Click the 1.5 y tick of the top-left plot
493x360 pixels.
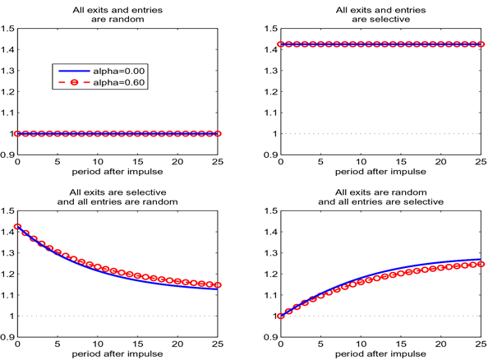[x=7, y=29]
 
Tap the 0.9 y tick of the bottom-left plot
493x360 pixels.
[x=7, y=337]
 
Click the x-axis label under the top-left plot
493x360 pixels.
[x=117, y=173]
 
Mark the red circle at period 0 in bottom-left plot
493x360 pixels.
[x=17, y=226]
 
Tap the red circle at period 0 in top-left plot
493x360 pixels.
[x=17, y=133]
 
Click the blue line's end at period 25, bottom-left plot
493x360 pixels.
[x=218, y=289]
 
